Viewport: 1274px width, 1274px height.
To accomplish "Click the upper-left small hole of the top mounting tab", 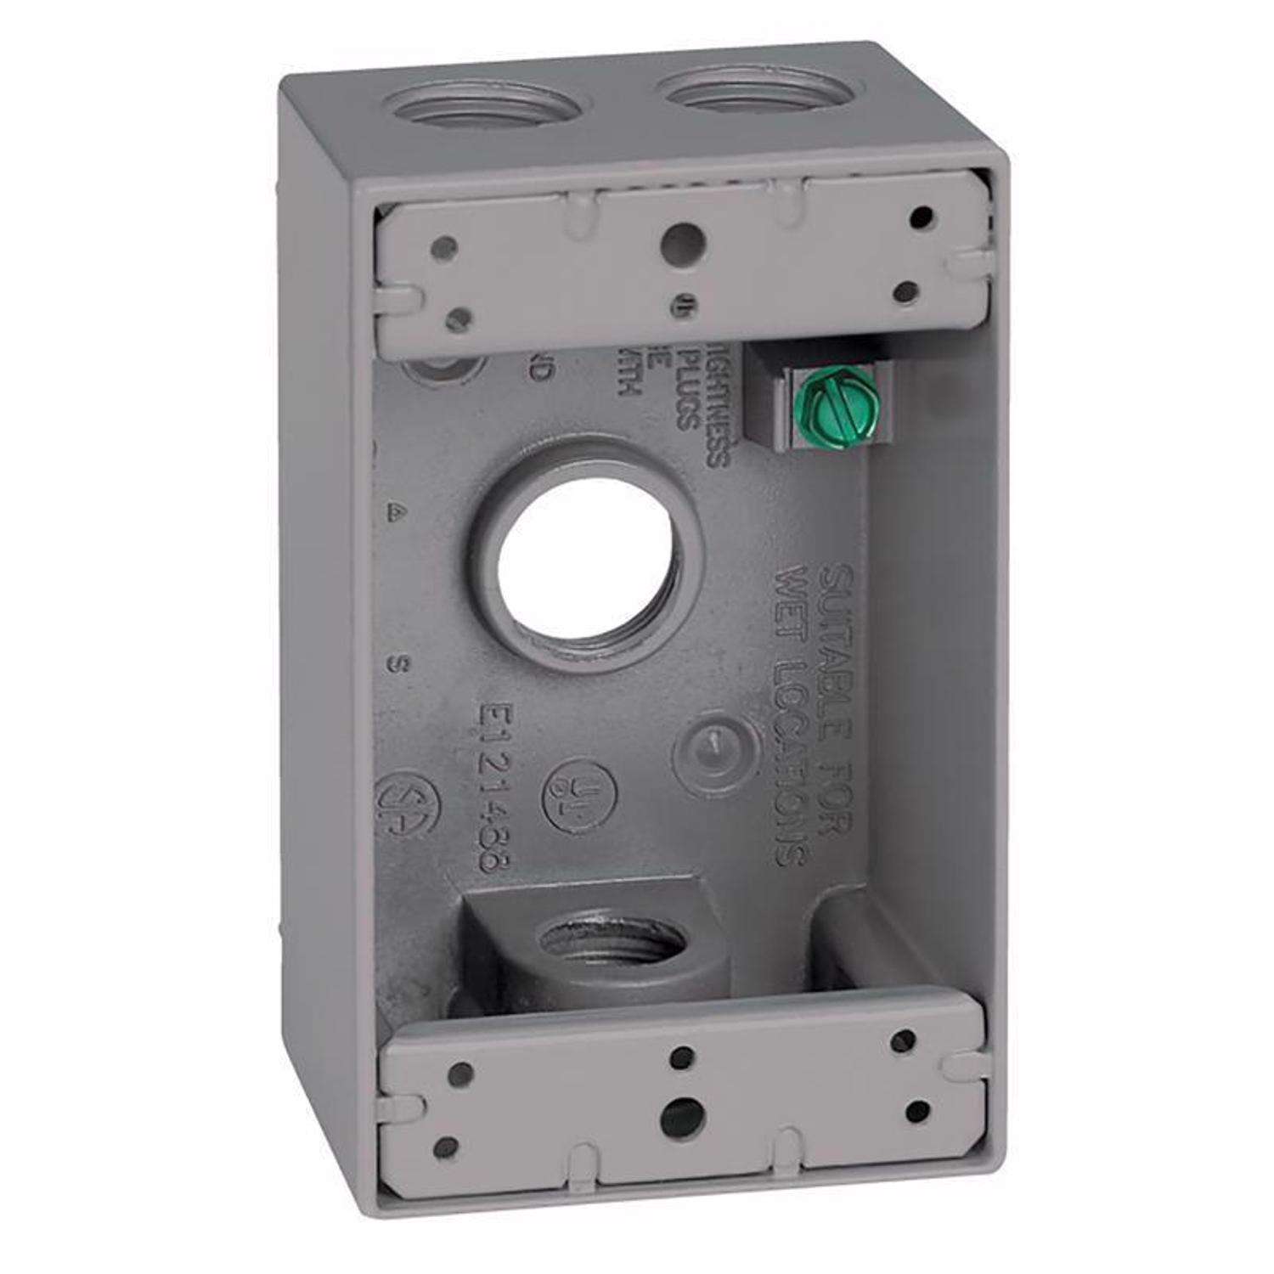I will pyautogui.click(x=443, y=248).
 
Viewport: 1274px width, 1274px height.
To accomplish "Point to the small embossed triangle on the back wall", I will pyautogui.click(x=393, y=510).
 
